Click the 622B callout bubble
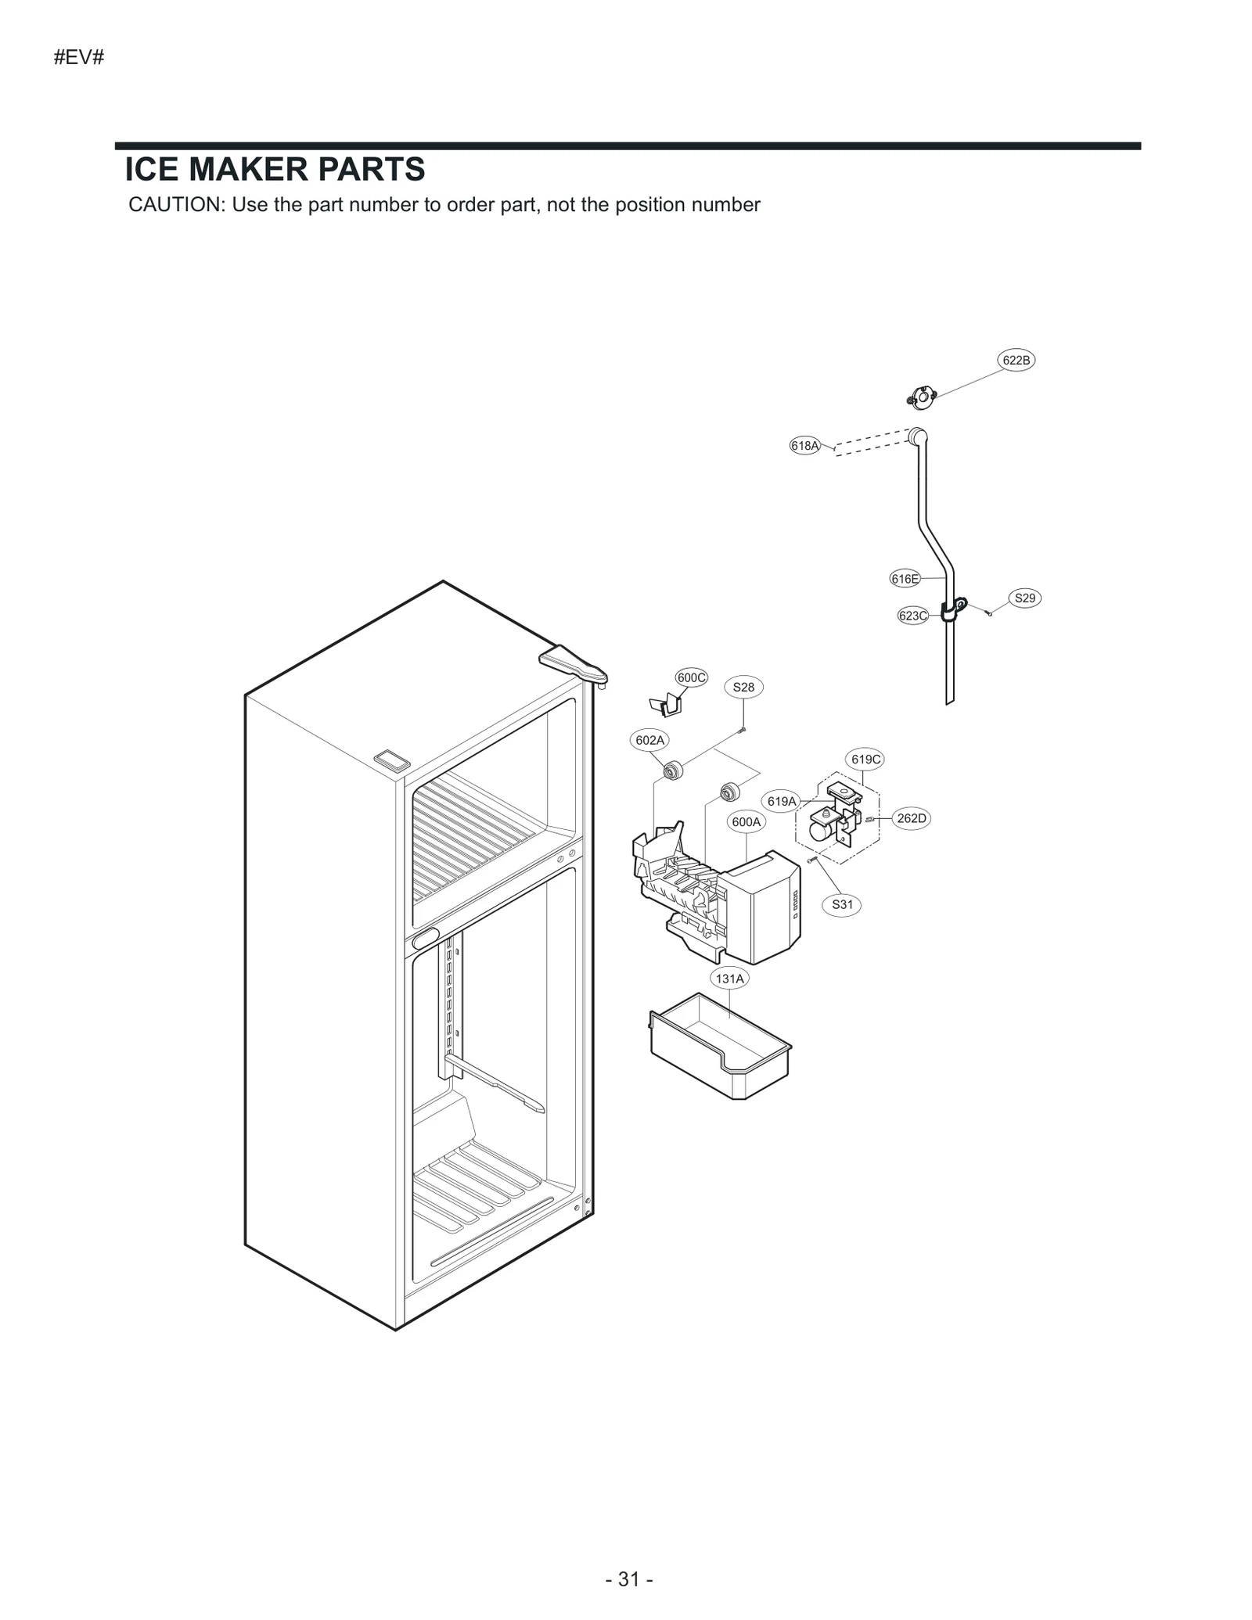[x=1016, y=360]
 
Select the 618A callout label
[x=804, y=446]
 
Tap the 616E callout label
[x=905, y=579]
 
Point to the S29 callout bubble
[x=1024, y=598]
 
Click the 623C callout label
[x=912, y=616]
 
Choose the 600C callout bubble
[x=691, y=677]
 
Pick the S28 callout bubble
[x=743, y=688]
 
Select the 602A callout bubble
[x=649, y=740]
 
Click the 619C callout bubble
[x=866, y=760]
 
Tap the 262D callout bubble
[x=911, y=819]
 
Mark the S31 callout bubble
[x=842, y=905]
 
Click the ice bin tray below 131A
[x=720, y=1048]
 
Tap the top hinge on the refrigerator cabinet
[x=573, y=665]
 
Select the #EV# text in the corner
[x=79, y=58]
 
